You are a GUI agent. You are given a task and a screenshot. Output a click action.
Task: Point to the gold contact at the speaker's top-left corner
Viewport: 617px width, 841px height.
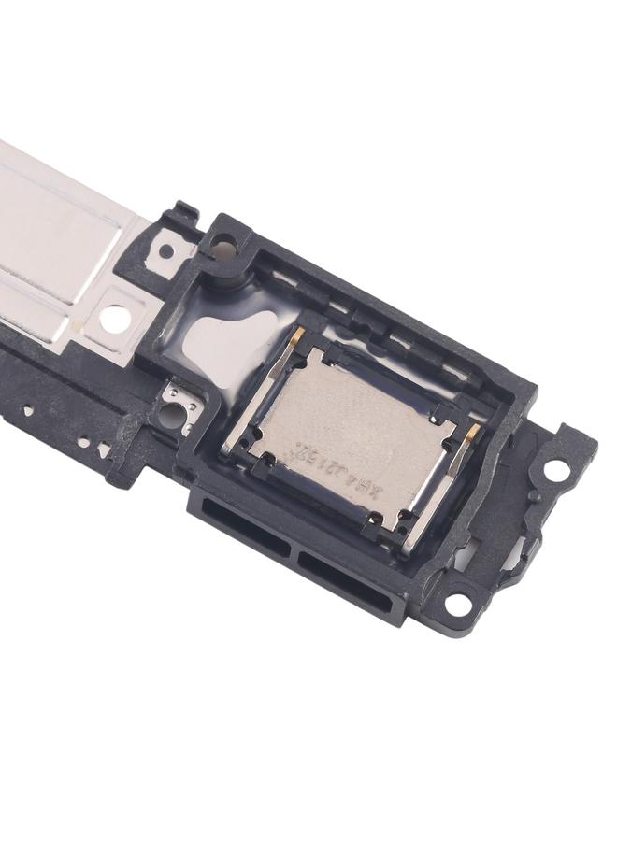[295, 337]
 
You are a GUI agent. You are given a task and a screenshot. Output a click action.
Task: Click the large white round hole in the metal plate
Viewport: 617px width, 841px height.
[116, 318]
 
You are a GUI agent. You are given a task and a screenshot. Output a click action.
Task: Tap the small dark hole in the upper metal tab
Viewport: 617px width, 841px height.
[165, 250]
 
